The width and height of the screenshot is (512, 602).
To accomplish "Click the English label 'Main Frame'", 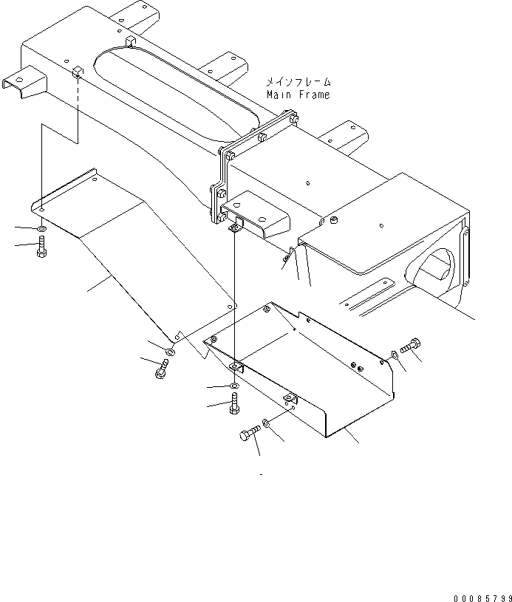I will [298, 95].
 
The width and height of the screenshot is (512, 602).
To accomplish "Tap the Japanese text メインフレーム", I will [298, 83].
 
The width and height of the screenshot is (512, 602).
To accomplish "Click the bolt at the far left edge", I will [41, 247].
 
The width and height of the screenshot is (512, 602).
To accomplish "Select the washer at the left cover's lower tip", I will [169, 350].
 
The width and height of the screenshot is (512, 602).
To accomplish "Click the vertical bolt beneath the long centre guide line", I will [235, 406].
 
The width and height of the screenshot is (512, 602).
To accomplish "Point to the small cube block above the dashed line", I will [77, 71].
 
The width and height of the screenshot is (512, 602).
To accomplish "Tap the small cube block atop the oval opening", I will [130, 40].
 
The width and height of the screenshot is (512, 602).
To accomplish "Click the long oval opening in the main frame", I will [177, 92].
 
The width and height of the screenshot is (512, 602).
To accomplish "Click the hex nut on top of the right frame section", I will [332, 221].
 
